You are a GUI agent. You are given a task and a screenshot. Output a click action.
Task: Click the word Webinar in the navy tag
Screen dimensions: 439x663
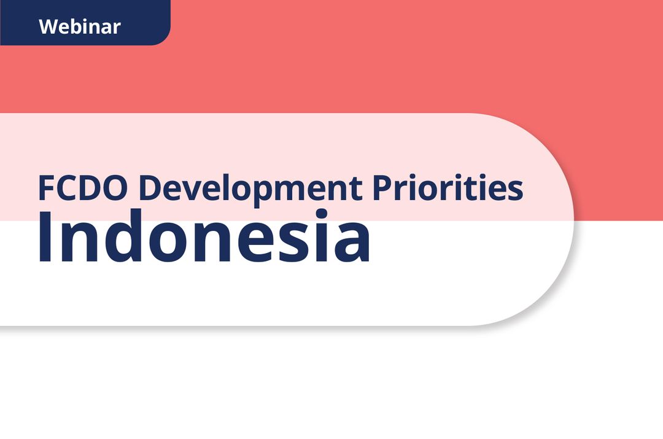(x=79, y=26)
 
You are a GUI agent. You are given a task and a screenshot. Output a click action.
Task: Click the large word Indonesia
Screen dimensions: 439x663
(x=204, y=236)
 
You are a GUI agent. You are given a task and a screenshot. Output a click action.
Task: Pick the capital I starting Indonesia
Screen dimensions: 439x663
(x=46, y=236)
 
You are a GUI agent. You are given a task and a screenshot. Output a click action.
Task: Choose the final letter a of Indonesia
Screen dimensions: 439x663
(x=352, y=243)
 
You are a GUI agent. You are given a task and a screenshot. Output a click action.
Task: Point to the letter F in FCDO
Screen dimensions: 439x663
(x=47, y=188)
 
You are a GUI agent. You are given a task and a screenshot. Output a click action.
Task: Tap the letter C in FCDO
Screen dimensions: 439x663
(x=69, y=188)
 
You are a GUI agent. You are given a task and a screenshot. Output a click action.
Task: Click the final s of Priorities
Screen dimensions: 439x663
(x=516, y=191)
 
